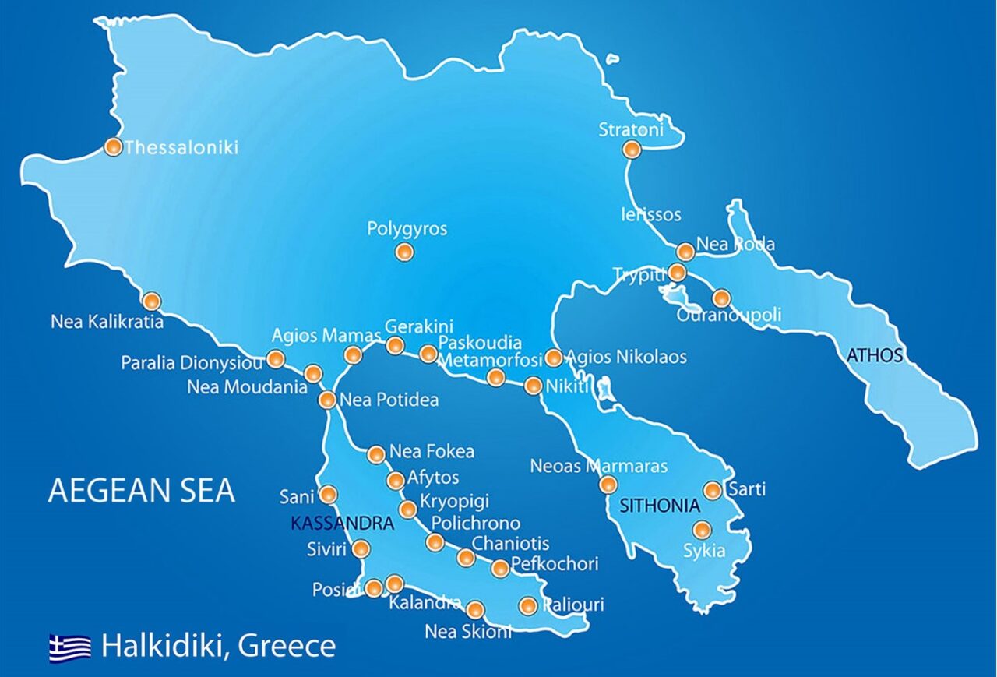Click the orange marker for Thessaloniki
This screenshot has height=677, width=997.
coord(113,146)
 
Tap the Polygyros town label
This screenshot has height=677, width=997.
coord(407,229)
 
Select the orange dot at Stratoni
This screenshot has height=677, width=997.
coord(632,150)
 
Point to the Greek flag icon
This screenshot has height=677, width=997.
coord(70,647)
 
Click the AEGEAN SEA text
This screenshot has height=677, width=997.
coord(141,491)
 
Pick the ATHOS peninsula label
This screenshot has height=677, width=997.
coord(875,356)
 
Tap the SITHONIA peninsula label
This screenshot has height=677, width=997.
coord(660,506)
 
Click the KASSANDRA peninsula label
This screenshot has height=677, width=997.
coord(342,524)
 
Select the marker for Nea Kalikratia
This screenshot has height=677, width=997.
coord(151,301)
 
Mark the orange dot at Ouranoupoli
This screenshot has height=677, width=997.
coord(721,298)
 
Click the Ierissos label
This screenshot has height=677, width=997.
coord(650,214)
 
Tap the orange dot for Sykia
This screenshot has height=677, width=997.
coord(702,530)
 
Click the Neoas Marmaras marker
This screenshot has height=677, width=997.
coord(608,485)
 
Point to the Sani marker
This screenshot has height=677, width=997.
coord(329,494)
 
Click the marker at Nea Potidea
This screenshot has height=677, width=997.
coord(327,400)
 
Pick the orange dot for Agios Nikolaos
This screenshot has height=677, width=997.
coord(553,358)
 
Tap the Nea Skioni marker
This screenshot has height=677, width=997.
coord(475,608)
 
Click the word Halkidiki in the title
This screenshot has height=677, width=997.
coord(164,646)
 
